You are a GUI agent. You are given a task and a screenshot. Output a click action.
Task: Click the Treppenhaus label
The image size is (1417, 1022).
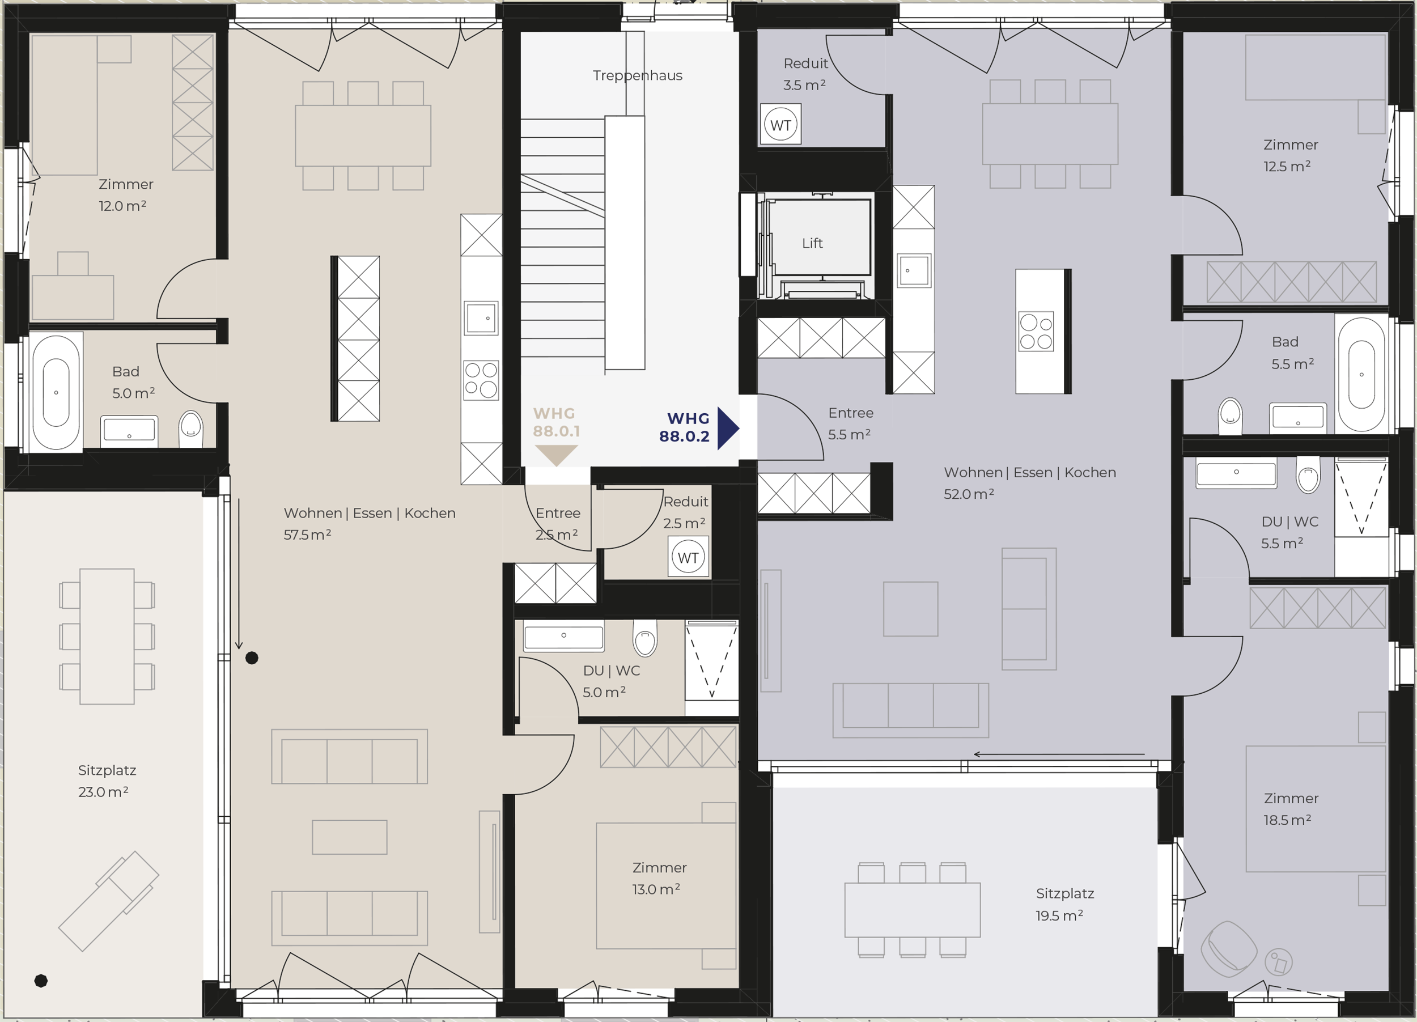637,76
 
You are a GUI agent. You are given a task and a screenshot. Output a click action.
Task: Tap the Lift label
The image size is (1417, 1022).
812,243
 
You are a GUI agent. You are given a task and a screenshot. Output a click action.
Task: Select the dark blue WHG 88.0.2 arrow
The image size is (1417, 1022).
728,429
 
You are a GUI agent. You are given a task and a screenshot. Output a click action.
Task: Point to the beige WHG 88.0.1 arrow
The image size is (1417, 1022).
556,455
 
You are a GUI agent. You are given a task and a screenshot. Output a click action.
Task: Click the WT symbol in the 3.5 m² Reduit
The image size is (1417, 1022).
780,125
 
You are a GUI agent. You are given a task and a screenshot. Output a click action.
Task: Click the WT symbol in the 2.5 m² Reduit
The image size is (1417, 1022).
688,557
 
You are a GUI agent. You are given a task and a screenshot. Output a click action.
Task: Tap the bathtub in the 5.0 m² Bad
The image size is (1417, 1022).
56,392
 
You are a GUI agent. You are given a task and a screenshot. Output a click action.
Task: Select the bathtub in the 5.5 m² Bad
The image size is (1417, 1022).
1361,374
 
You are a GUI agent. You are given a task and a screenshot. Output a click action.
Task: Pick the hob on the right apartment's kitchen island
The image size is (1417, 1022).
1036,331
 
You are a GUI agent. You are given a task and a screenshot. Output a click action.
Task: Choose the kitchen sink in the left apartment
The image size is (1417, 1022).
481,318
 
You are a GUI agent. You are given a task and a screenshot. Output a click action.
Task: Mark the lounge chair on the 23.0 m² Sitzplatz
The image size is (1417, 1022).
109,901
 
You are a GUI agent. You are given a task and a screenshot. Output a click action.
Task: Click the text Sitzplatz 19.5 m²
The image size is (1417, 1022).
1064,905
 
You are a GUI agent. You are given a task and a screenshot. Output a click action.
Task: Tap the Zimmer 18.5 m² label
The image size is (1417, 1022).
1291,809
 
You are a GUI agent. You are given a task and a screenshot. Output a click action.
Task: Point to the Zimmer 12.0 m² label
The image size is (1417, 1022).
126,195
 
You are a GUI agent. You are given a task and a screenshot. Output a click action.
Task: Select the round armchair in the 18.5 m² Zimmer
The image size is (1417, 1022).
1228,949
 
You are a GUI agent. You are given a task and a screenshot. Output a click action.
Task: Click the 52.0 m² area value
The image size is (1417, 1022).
969,494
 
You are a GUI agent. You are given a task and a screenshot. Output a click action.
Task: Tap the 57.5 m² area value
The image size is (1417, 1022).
307,535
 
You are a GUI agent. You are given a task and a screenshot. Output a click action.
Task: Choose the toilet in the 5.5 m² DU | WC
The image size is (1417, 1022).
1308,476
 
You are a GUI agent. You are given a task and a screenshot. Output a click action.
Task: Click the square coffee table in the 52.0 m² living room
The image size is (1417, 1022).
910,609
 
